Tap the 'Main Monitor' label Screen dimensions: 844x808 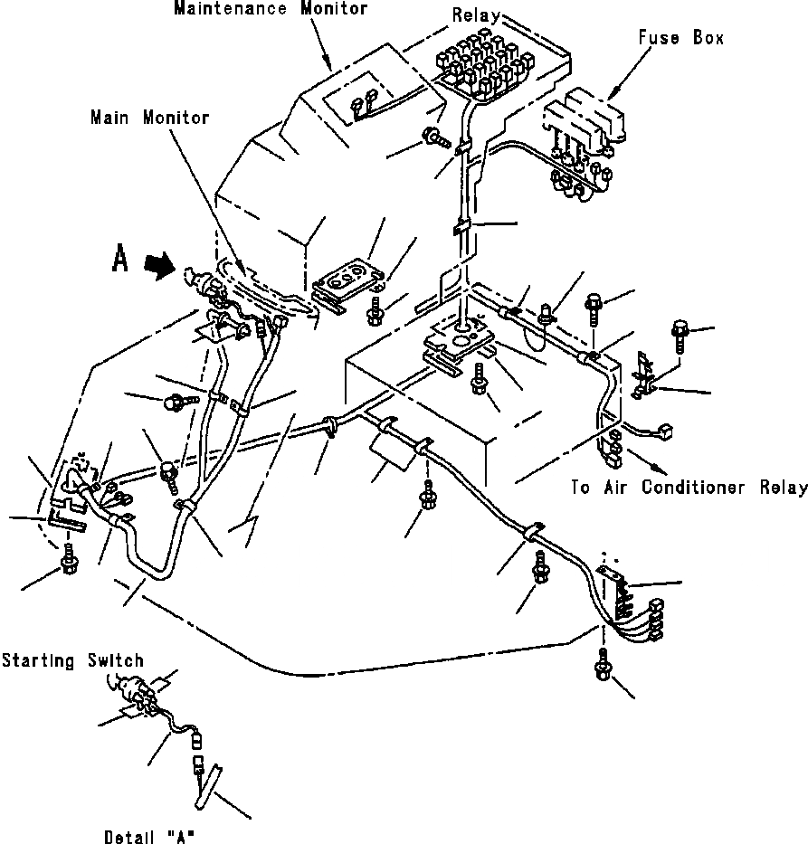pos(149,118)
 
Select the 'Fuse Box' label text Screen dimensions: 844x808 pos(680,39)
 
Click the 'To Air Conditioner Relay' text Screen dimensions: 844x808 pos(689,488)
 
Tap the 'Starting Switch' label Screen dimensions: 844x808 pos(72,661)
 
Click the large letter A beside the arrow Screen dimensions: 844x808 pos(119,260)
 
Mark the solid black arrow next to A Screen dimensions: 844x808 pos(161,267)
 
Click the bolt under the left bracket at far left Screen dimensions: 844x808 pos(68,564)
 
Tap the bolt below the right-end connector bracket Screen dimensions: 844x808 pos(601,669)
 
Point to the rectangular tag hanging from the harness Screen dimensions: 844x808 pos(387,449)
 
